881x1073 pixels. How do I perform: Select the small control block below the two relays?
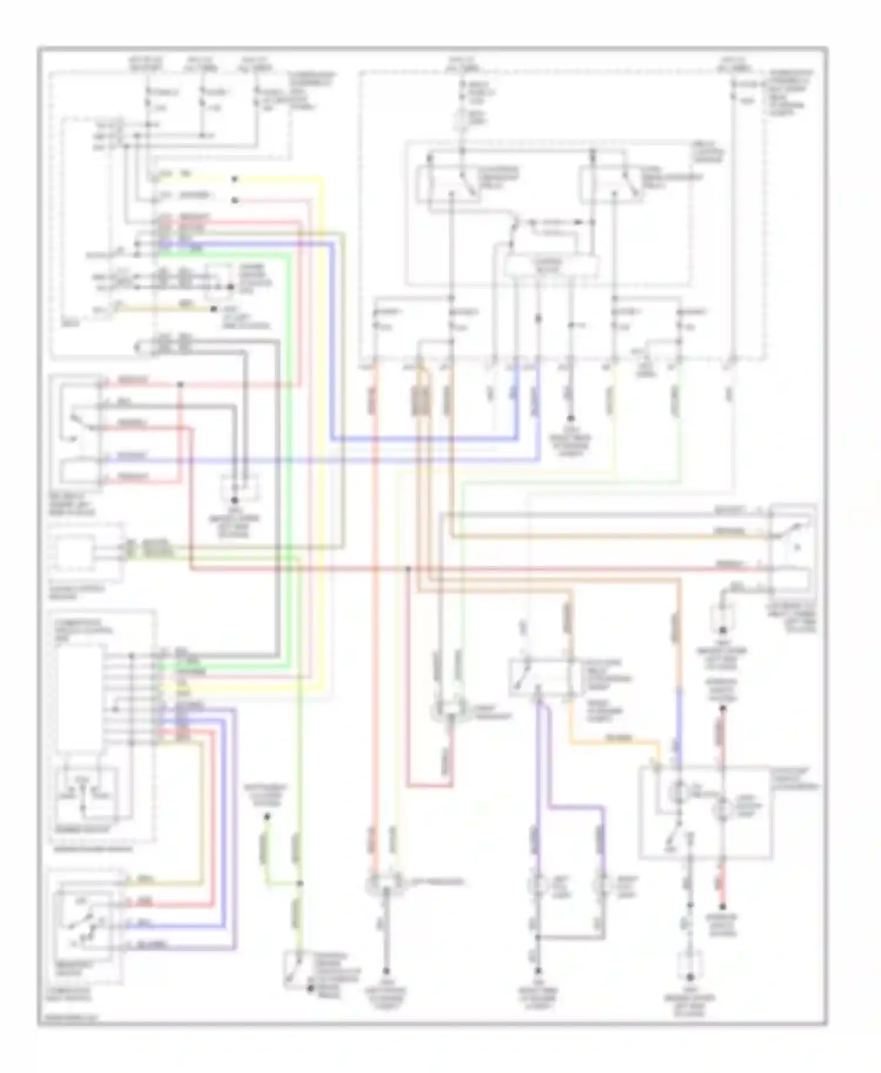point(551,266)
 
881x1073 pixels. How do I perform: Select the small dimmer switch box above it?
point(86,795)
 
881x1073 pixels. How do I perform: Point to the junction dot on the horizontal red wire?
point(409,569)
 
